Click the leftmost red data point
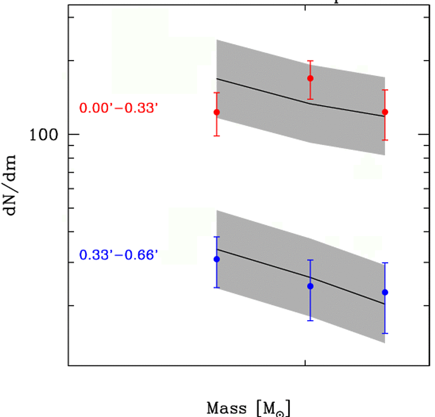(217, 112)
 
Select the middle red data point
(310, 78)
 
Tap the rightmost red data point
(385, 112)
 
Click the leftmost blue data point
(217, 259)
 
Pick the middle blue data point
(310, 286)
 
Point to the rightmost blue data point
(385, 292)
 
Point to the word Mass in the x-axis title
(226, 408)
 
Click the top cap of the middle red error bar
(310, 61)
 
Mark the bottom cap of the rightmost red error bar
(385, 140)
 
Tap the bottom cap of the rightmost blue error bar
(385, 333)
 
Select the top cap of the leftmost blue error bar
(217, 237)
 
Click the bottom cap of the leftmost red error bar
(217, 136)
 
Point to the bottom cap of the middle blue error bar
(310, 321)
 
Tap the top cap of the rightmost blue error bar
(385, 263)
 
